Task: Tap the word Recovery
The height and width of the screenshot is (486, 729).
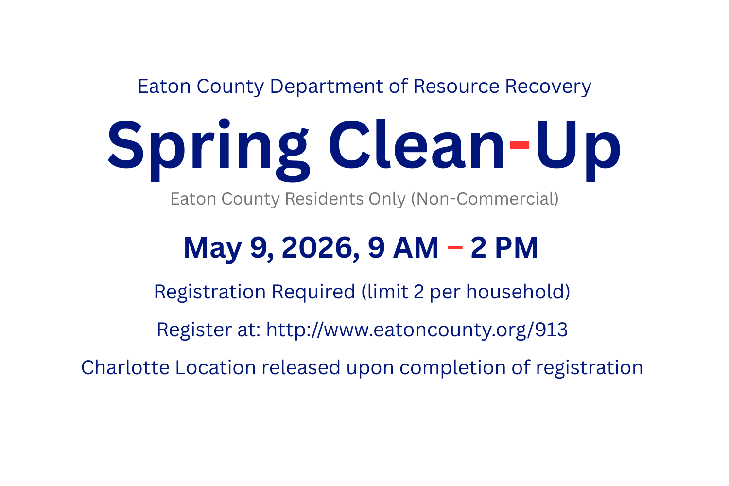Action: coord(548,87)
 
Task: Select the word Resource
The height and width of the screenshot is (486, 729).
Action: coord(456,87)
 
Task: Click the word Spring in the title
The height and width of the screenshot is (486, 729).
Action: coord(208,146)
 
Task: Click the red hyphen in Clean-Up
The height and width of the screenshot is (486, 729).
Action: coord(519,145)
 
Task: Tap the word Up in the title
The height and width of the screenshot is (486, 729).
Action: coord(577,146)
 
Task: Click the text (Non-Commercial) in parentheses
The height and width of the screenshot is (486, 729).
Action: coord(485,199)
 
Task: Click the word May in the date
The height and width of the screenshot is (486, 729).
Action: coord(212,248)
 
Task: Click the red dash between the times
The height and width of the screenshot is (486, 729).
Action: coord(455,247)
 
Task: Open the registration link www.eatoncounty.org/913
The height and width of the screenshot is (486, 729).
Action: coord(417,330)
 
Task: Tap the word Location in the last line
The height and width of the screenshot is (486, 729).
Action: coord(215,368)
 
